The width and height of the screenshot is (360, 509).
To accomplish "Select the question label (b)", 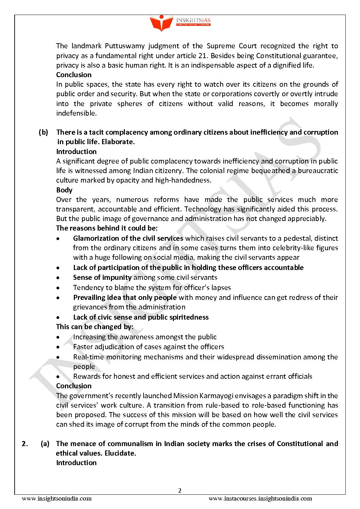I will [x=43, y=132].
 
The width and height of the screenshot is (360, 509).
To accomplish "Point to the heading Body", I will [x=64, y=190].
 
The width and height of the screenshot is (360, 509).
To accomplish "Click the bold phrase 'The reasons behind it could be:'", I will [x=107, y=228].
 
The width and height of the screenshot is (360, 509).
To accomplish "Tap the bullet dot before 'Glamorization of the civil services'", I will [x=59, y=239].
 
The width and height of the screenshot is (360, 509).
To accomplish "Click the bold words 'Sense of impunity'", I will [x=102, y=277].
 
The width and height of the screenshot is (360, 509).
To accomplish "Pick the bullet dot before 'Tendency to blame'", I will [x=59, y=288].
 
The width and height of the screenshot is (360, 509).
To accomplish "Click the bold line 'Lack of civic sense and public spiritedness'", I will [x=141, y=317].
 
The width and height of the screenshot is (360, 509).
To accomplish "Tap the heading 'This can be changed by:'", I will [x=95, y=327].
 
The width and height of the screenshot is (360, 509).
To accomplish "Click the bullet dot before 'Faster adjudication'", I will [x=59, y=347].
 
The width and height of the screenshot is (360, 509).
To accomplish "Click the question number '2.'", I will [x=25, y=444].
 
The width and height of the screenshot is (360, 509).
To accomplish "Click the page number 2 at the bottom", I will [x=180, y=490].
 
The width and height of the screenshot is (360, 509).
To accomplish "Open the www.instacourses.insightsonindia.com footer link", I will [x=260, y=499].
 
